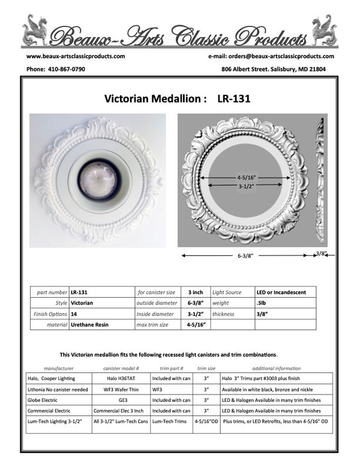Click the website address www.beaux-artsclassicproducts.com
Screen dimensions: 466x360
tap(76, 56)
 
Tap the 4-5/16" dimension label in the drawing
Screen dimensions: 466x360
tap(248, 177)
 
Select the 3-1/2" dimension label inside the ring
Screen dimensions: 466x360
tap(248, 186)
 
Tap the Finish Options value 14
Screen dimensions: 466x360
tap(74, 314)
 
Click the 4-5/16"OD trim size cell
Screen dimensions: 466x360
tap(206, 422)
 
